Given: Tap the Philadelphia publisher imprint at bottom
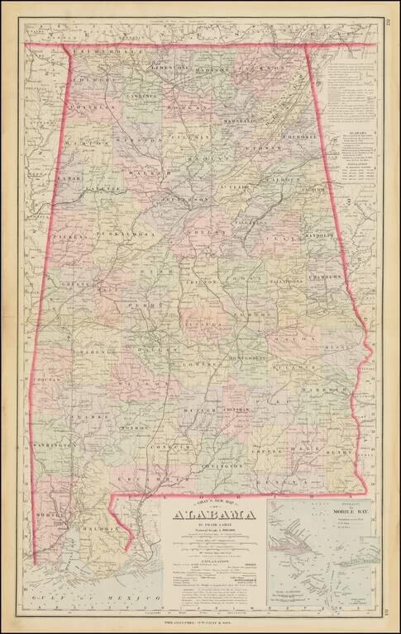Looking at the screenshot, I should (199, 622).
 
